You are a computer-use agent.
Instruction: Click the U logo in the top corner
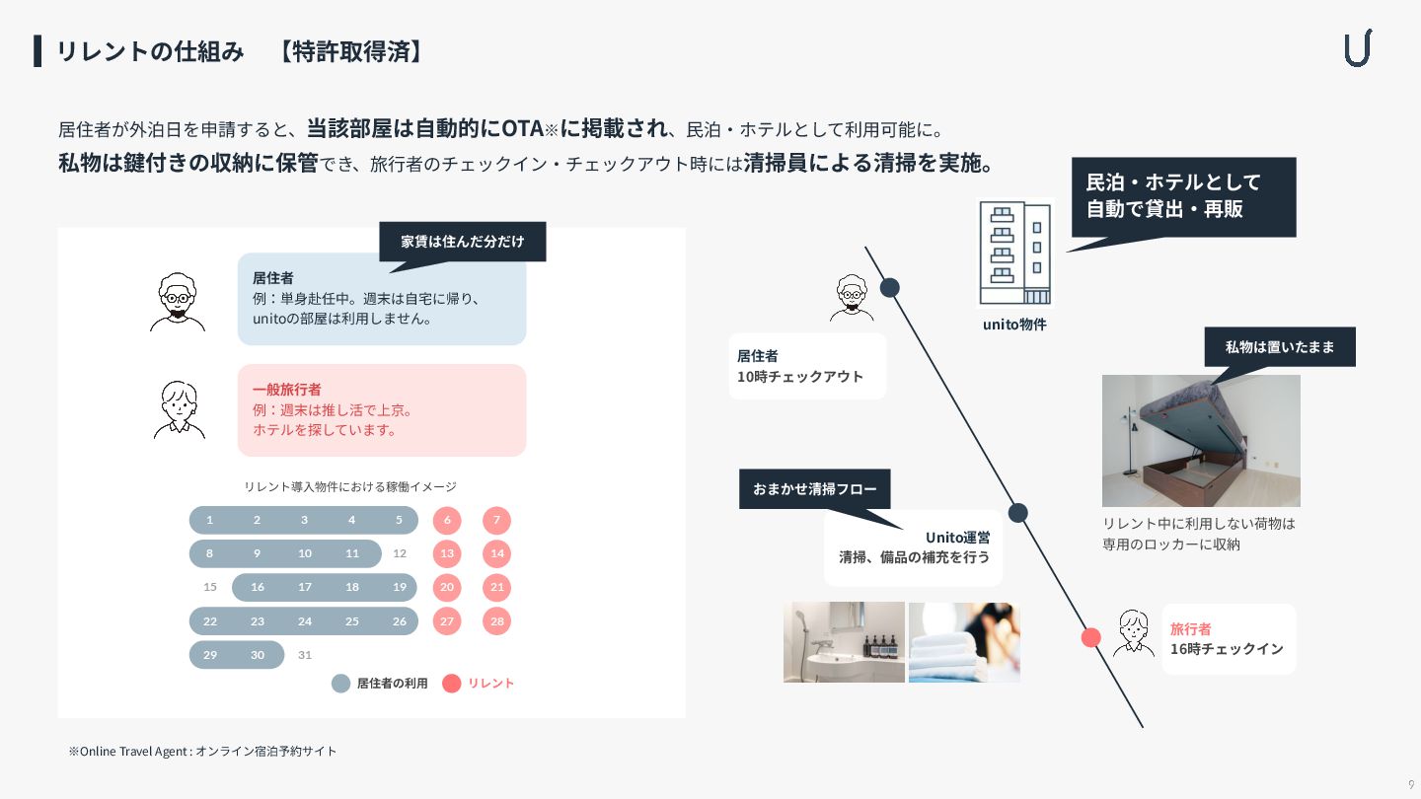coord(1358,48)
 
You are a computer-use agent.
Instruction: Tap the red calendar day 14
coord(497,553)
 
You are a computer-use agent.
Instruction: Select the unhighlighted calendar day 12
coord(400,553)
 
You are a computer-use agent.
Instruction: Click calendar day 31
coord(305,655)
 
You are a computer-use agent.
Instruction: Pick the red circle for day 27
coord(447,621)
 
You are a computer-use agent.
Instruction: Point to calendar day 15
coord(210,587)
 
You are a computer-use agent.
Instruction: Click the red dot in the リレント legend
coord(451,683)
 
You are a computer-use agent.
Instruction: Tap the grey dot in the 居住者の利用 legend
coord(340,683)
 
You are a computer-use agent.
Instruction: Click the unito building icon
coord(1014,254)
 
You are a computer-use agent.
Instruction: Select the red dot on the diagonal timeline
coord(1090,637)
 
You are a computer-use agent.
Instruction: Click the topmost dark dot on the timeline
coord(890,288)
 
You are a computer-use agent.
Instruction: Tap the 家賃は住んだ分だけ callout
coord(462,241)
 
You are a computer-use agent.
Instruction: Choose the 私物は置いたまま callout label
coord(1279,346)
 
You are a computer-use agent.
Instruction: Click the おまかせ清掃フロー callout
coord(814,488)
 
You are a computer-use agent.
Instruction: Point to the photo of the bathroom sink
coord(844,642)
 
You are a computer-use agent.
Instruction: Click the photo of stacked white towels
coord(964,642)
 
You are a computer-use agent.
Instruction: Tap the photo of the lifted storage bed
coord(1201,441)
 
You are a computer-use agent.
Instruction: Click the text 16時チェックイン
coord(1227,649)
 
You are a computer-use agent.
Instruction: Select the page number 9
coord(1411,784)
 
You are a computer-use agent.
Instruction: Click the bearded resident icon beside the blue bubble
coord(178,302)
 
